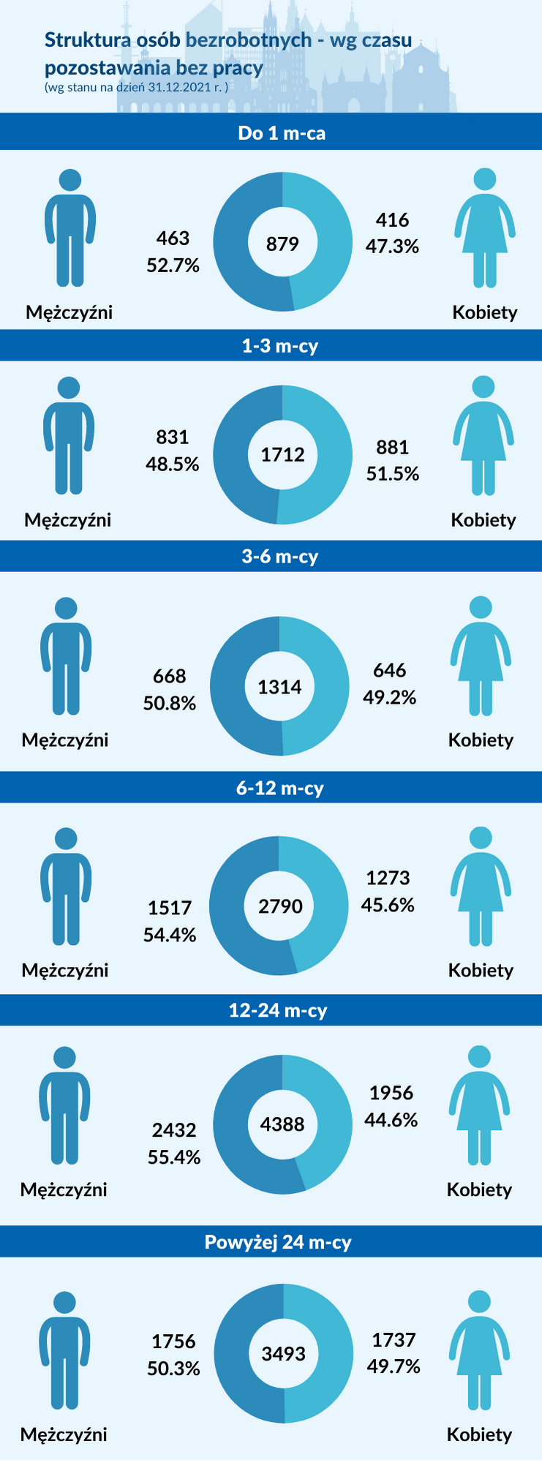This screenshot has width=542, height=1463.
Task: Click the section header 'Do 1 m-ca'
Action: click(282, 133)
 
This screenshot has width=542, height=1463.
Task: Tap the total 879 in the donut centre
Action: click(282, 244)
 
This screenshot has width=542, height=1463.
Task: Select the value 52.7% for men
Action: click(173, 265)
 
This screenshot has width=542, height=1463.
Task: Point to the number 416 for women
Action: click(392, 220)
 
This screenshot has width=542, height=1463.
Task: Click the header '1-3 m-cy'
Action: click(280, 345)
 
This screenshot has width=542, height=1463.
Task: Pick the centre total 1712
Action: click(282, 454)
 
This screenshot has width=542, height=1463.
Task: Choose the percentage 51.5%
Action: click(393, 474)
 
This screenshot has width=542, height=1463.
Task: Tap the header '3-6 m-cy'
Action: click(280, 557)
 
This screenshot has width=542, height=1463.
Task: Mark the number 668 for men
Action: click(170, 676)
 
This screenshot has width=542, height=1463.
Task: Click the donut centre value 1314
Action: click(279, 687)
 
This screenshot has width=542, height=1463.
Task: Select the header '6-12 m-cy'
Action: click(279, 788)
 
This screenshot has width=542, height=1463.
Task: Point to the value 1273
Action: click(388, 878)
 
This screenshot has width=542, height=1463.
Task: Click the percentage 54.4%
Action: click(170, 935)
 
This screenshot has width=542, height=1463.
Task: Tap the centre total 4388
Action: click(282, 1124)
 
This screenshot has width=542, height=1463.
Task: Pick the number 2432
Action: click(174, 1130)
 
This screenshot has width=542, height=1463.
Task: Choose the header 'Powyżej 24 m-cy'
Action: click(278, 1242)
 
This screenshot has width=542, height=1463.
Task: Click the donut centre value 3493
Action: click(283, 1354)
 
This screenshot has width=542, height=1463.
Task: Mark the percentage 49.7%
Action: click(394, 1366)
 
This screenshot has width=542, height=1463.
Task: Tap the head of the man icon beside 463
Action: click(70, 181)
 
